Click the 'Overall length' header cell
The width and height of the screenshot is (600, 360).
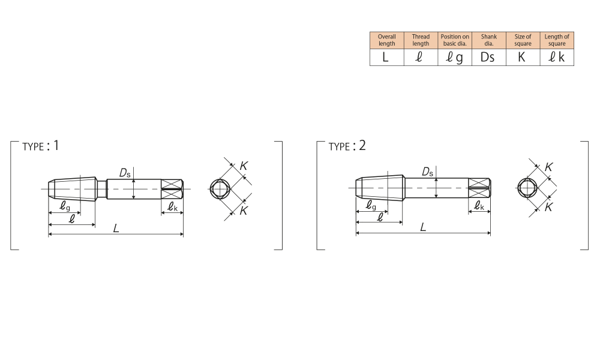(x=387, y=40)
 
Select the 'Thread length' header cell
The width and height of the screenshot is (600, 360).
(x=421, y=40)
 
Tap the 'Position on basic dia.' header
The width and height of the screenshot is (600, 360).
(x=455, y=40)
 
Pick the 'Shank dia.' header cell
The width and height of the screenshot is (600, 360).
(x=488, y=40)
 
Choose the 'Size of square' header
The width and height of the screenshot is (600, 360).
(x=523, y=40)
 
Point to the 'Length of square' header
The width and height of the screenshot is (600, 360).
(x=557, y=40)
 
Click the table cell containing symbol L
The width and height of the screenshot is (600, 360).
(x=387, y=58)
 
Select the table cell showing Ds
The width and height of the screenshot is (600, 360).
(x=488, y=58)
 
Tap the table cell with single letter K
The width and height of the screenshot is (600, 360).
(x=523, y=58)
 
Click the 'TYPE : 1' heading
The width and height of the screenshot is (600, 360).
(x=41, y=146)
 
